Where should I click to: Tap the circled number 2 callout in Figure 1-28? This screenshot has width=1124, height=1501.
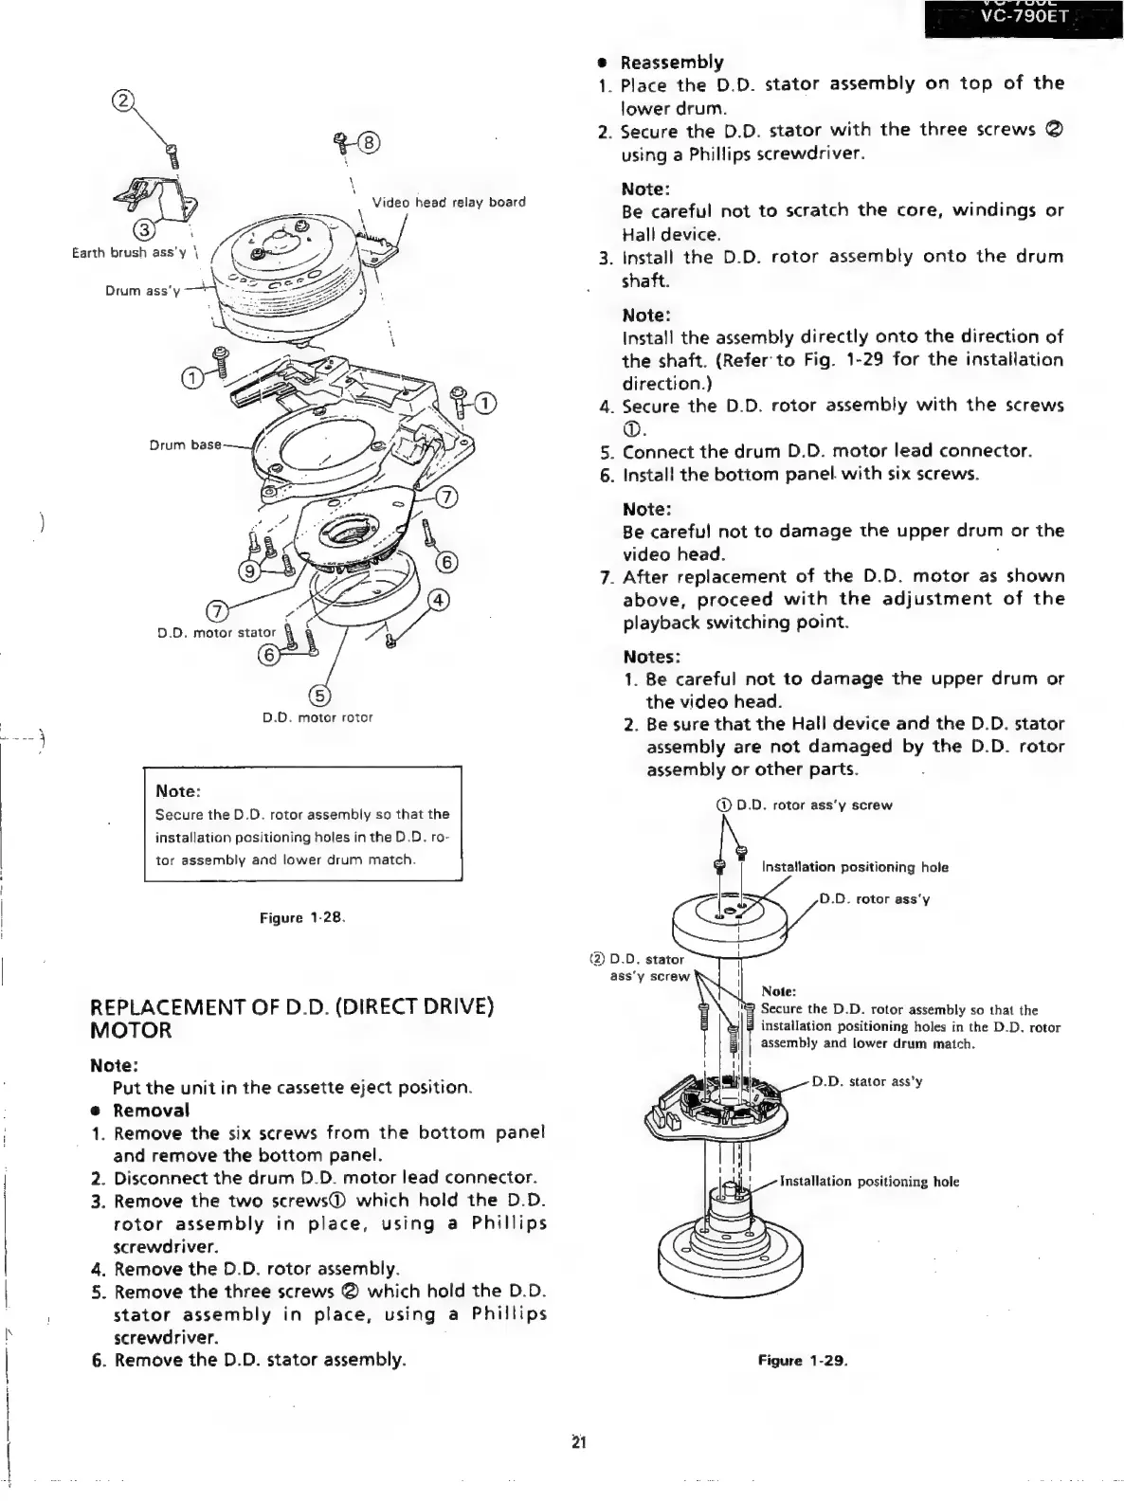123,99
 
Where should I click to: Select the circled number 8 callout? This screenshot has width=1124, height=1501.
368,143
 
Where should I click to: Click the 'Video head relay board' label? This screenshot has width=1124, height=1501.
448,202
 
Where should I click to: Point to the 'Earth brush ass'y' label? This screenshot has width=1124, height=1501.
129,252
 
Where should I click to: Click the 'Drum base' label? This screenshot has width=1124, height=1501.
185,444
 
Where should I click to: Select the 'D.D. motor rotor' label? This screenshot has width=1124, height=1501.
317,717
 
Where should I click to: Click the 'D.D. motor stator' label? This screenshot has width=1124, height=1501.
216,632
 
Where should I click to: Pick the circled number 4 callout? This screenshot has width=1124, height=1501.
439,599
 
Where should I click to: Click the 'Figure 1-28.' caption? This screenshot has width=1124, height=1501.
302,917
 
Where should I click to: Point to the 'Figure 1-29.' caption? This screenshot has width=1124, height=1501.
802,1361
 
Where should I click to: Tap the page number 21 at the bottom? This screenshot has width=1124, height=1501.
579,1443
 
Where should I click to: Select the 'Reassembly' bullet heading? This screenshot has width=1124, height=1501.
671,63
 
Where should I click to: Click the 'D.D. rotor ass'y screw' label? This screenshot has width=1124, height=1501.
813,805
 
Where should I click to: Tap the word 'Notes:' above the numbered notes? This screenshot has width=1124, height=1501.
652,657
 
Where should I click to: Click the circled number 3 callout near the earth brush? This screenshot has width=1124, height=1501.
143,228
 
